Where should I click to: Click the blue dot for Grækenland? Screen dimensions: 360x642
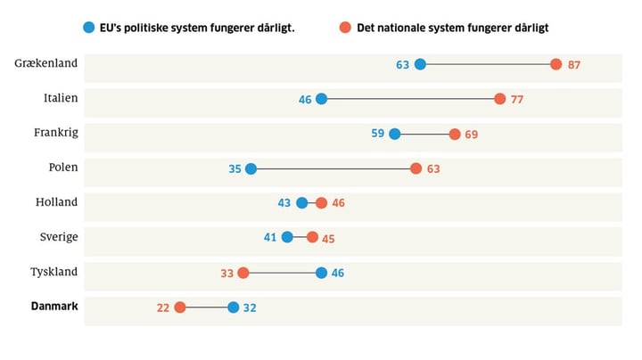420,64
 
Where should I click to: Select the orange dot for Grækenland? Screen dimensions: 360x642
556,64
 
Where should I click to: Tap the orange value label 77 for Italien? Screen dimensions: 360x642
517,99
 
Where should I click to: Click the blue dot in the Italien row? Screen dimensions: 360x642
321,99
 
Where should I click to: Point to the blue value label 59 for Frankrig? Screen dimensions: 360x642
377,134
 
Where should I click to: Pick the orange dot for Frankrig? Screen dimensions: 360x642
455,134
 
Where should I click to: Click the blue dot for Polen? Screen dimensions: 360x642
251,168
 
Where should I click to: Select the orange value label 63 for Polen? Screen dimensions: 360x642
433,168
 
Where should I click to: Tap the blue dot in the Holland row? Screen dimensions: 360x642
302,203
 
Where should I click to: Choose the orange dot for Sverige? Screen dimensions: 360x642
312,238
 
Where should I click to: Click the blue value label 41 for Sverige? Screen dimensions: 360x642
270,238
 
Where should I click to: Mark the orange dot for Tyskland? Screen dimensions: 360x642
243,273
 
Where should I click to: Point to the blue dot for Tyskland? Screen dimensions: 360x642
321,273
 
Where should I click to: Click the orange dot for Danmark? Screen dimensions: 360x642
180,307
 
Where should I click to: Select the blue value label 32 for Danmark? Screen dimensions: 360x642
250,307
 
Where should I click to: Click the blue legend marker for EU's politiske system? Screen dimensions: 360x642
87,28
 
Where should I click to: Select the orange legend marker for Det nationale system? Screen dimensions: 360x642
344,28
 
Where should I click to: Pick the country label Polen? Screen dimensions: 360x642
63,167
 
